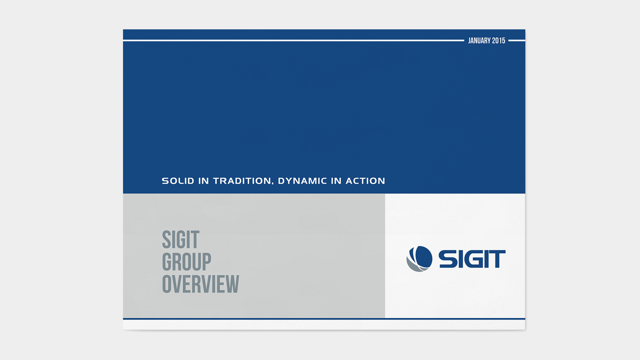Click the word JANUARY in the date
(x=479, y=41)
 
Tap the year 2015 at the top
(x=499, y=41)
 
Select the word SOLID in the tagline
(x=178, y=181)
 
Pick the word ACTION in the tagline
(x=365, y=181)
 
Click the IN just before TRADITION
(x=203, y=181)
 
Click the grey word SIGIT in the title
(x=181, y=240)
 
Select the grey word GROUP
(x=187, y=262)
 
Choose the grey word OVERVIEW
(x=201, y=284)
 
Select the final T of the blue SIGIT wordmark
(x=497, y=259)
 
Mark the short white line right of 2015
(x=517, y=40)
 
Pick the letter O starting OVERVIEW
(x=166, y=284)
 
